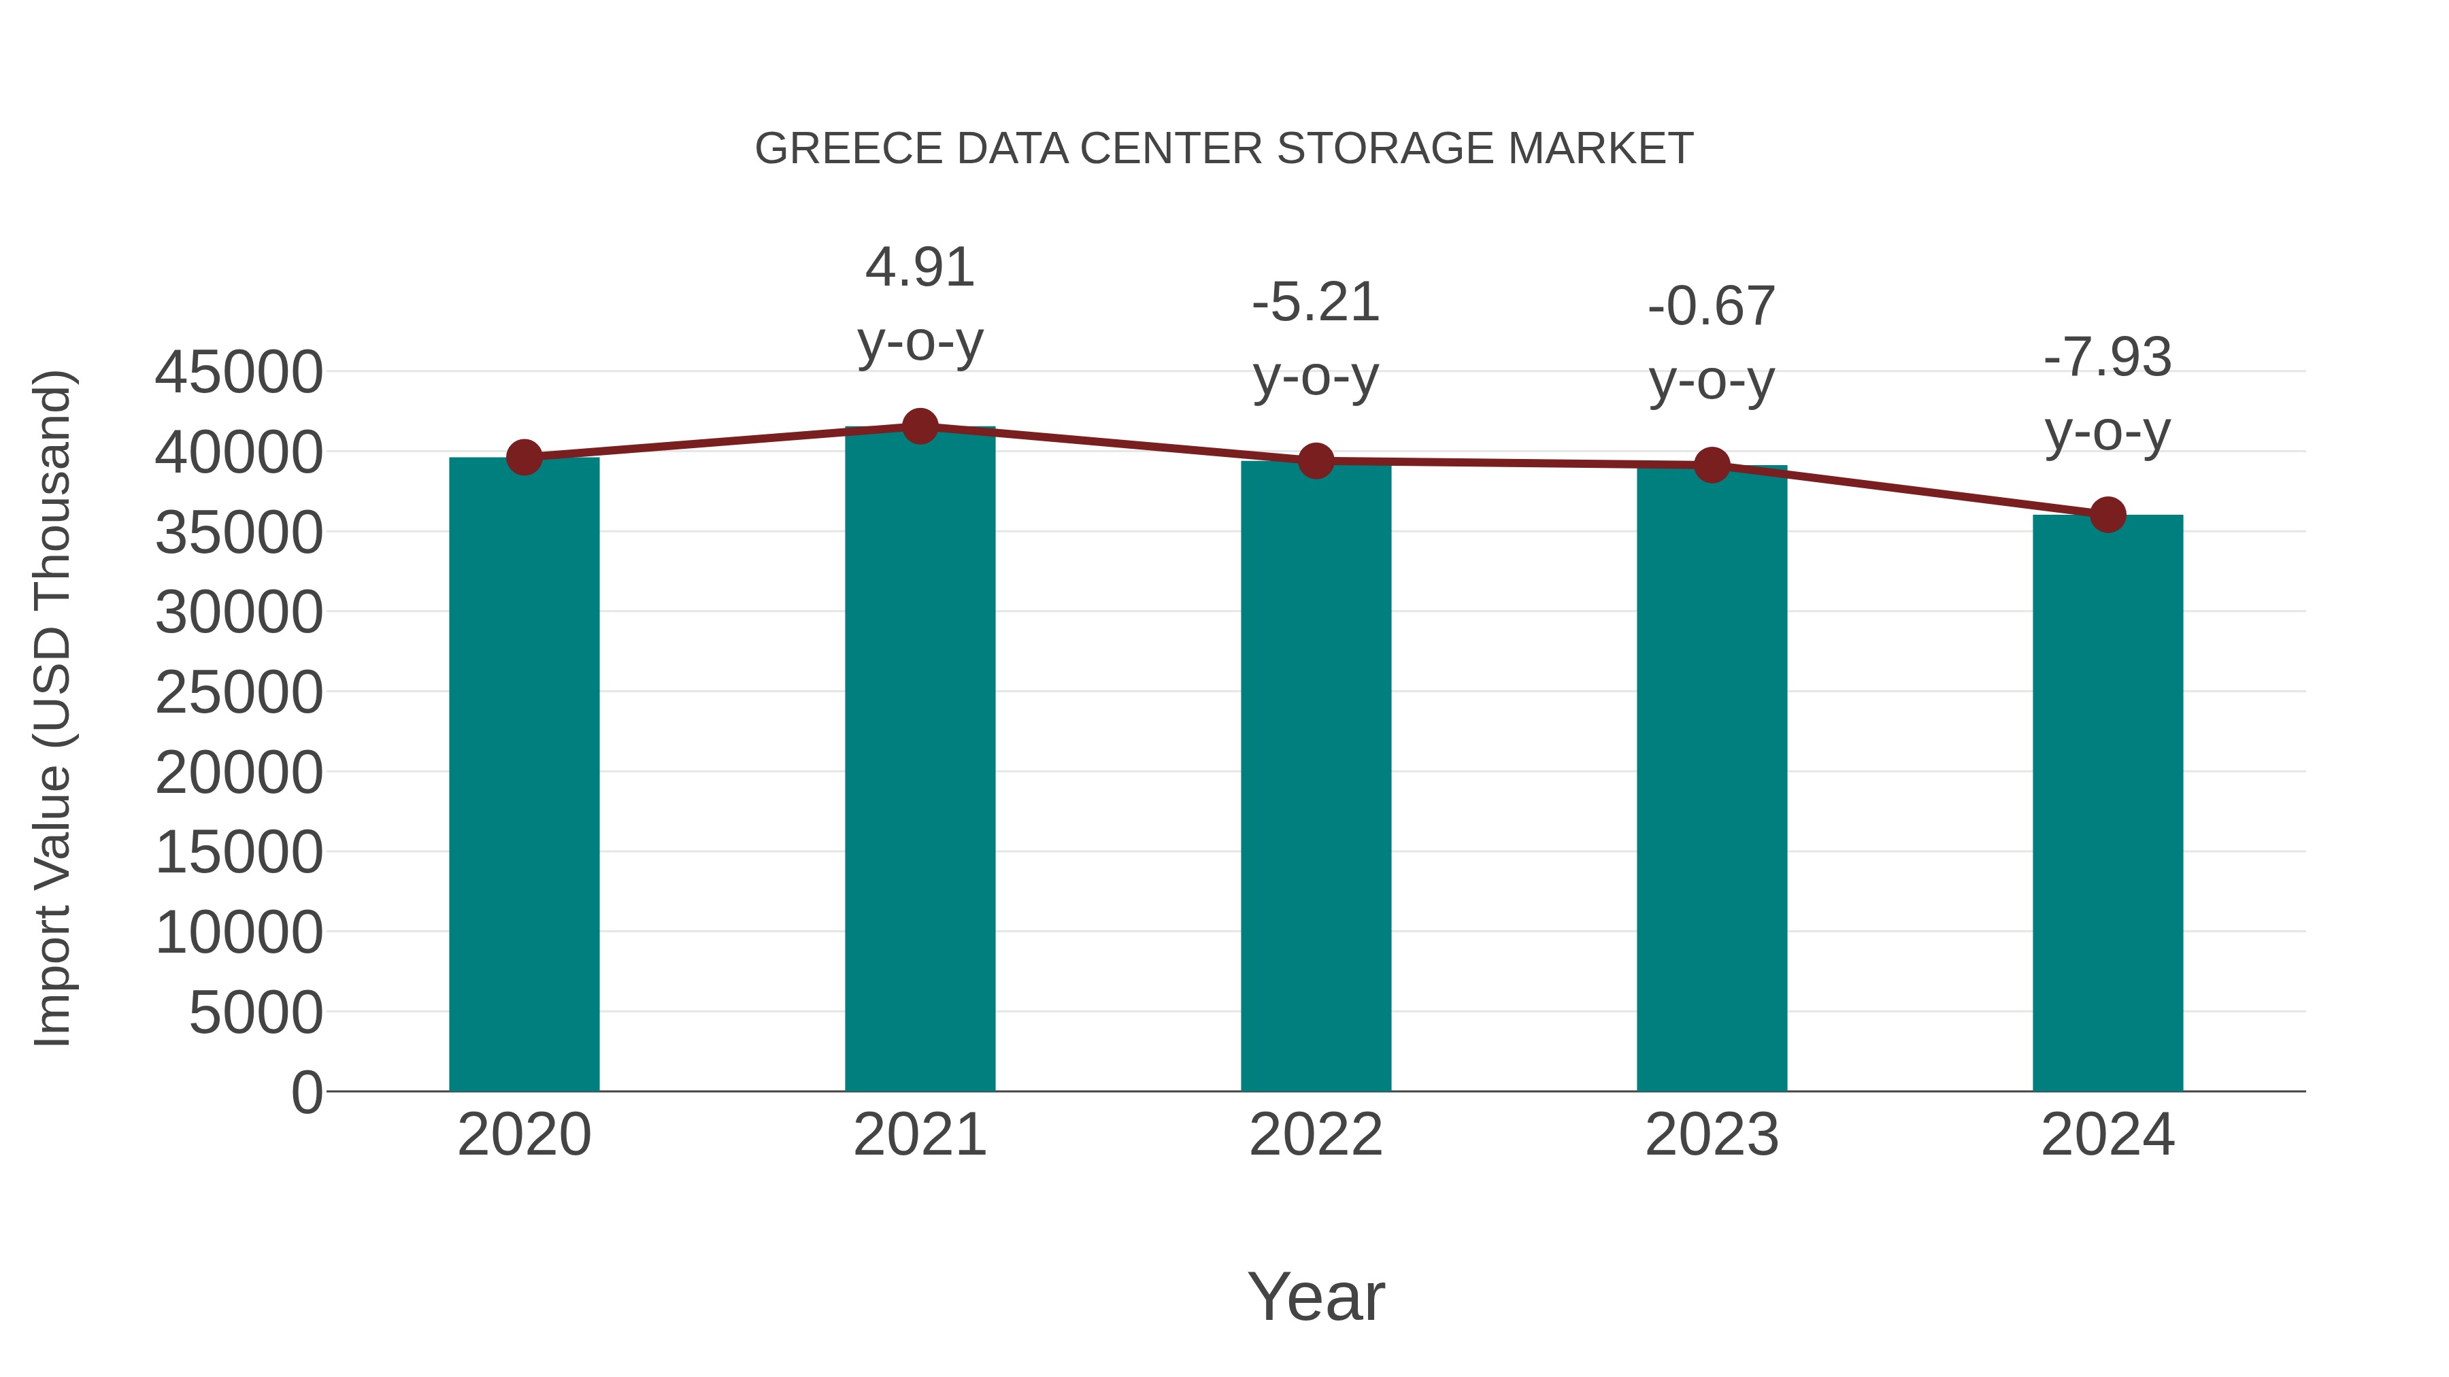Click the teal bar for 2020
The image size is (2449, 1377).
524,775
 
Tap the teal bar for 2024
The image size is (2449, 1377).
2108,803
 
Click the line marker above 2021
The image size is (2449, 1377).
919,426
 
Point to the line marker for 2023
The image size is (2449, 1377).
1712,464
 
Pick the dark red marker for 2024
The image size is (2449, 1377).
2108,514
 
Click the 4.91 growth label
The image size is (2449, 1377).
919,267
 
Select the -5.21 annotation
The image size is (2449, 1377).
1316,303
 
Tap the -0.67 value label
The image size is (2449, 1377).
1712,306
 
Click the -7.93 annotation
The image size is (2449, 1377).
2108,357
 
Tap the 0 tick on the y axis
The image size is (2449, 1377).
306,1092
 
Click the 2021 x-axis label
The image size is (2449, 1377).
919,1135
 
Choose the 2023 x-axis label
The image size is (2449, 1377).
1712,1135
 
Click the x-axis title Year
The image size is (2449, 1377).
1316,1296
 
